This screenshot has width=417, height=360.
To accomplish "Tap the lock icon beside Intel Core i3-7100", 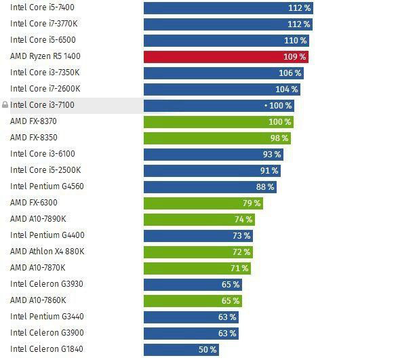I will point(5,106).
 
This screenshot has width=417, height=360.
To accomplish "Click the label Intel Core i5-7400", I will point(42,7).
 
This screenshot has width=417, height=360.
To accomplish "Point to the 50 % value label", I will point(207,350).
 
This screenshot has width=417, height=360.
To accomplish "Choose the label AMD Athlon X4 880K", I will point(47,252).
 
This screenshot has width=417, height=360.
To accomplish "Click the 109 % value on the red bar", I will point(295,57).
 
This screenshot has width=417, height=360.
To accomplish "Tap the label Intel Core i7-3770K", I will point(44,24).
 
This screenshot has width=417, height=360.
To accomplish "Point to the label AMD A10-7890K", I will point(38,219).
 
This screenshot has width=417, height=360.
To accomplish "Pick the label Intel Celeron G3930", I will point(46,284).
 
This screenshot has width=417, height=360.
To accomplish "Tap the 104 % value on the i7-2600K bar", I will point(287,89).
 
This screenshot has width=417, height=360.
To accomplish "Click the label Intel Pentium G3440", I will point(47,317).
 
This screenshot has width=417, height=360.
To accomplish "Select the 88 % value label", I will point(265,187).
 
